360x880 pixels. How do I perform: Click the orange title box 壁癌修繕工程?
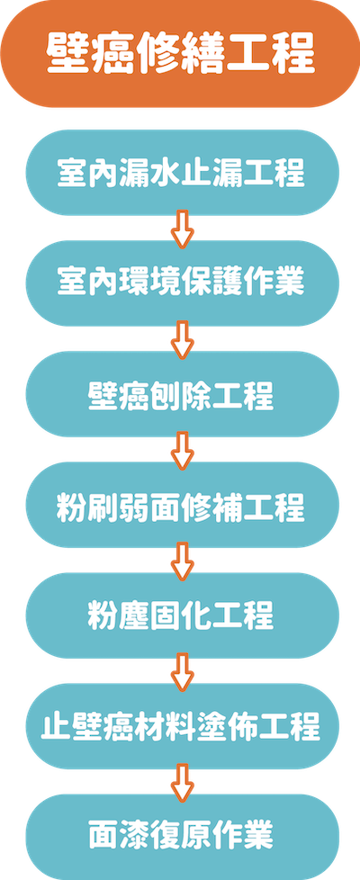click(180, 53)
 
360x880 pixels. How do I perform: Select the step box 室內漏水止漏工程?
click(182, 173)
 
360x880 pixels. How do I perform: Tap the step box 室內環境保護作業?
click(182, 283)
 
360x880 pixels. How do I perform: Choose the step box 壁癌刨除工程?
click(182, 394)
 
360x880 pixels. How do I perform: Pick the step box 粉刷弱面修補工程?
click(182, 505)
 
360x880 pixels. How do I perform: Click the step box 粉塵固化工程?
click(182, 615)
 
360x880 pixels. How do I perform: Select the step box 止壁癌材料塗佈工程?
click(182, 726)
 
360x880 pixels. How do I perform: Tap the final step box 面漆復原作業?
click(182, 837)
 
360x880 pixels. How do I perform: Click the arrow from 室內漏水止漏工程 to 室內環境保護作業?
click(182, 229)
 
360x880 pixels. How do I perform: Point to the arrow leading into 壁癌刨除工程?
click(182, 339)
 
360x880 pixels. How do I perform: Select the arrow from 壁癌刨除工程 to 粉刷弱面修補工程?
click(182, 450)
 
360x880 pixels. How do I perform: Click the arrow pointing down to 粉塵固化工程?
click(182, 561)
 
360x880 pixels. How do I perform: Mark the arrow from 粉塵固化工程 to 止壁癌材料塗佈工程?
click(182, 671)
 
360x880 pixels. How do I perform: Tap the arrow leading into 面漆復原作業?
click(182, 782)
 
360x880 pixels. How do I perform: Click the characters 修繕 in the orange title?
click(180, 55)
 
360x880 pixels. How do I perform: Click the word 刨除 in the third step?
click(182, 394)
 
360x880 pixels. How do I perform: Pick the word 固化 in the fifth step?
click(182, 615)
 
